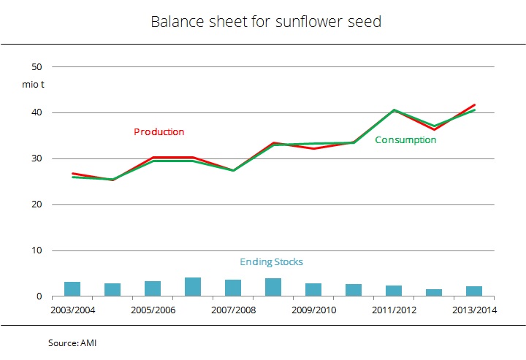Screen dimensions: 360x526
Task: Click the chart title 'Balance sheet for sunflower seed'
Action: [x=266, y=22]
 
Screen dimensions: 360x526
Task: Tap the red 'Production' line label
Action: [x=159, y=132]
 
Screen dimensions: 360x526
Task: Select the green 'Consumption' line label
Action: [x=405, y=140]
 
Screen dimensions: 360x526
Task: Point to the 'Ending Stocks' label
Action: [x=271, y=262]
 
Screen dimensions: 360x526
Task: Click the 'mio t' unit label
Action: [x=34, y=85]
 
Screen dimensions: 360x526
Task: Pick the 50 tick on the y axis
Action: [x=37, y=66]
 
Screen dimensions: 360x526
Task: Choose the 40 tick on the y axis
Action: [x=37, y=112]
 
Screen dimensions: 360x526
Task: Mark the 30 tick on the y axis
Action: [x=37, y=158]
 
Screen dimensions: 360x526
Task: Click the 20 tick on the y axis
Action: [x=37, y=204]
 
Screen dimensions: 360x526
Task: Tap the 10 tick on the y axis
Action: [x=37, y=250]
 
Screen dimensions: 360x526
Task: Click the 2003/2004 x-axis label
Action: [x=72, y=310]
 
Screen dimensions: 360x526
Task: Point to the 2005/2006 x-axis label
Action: [x=153, y=310]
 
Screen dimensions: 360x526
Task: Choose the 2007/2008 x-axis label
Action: [x=233, y=310]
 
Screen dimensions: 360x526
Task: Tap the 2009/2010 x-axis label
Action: [x=313, y=310]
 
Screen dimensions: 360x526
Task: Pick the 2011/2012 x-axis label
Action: [x=394, y=310]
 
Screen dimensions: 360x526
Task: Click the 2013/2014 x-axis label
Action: [x=474, y=310]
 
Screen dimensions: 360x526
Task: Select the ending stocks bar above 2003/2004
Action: [x=72, y=289]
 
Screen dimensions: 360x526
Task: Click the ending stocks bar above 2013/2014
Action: [x=474, y=291]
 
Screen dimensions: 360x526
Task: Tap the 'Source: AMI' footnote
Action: [x=72, y=342]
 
